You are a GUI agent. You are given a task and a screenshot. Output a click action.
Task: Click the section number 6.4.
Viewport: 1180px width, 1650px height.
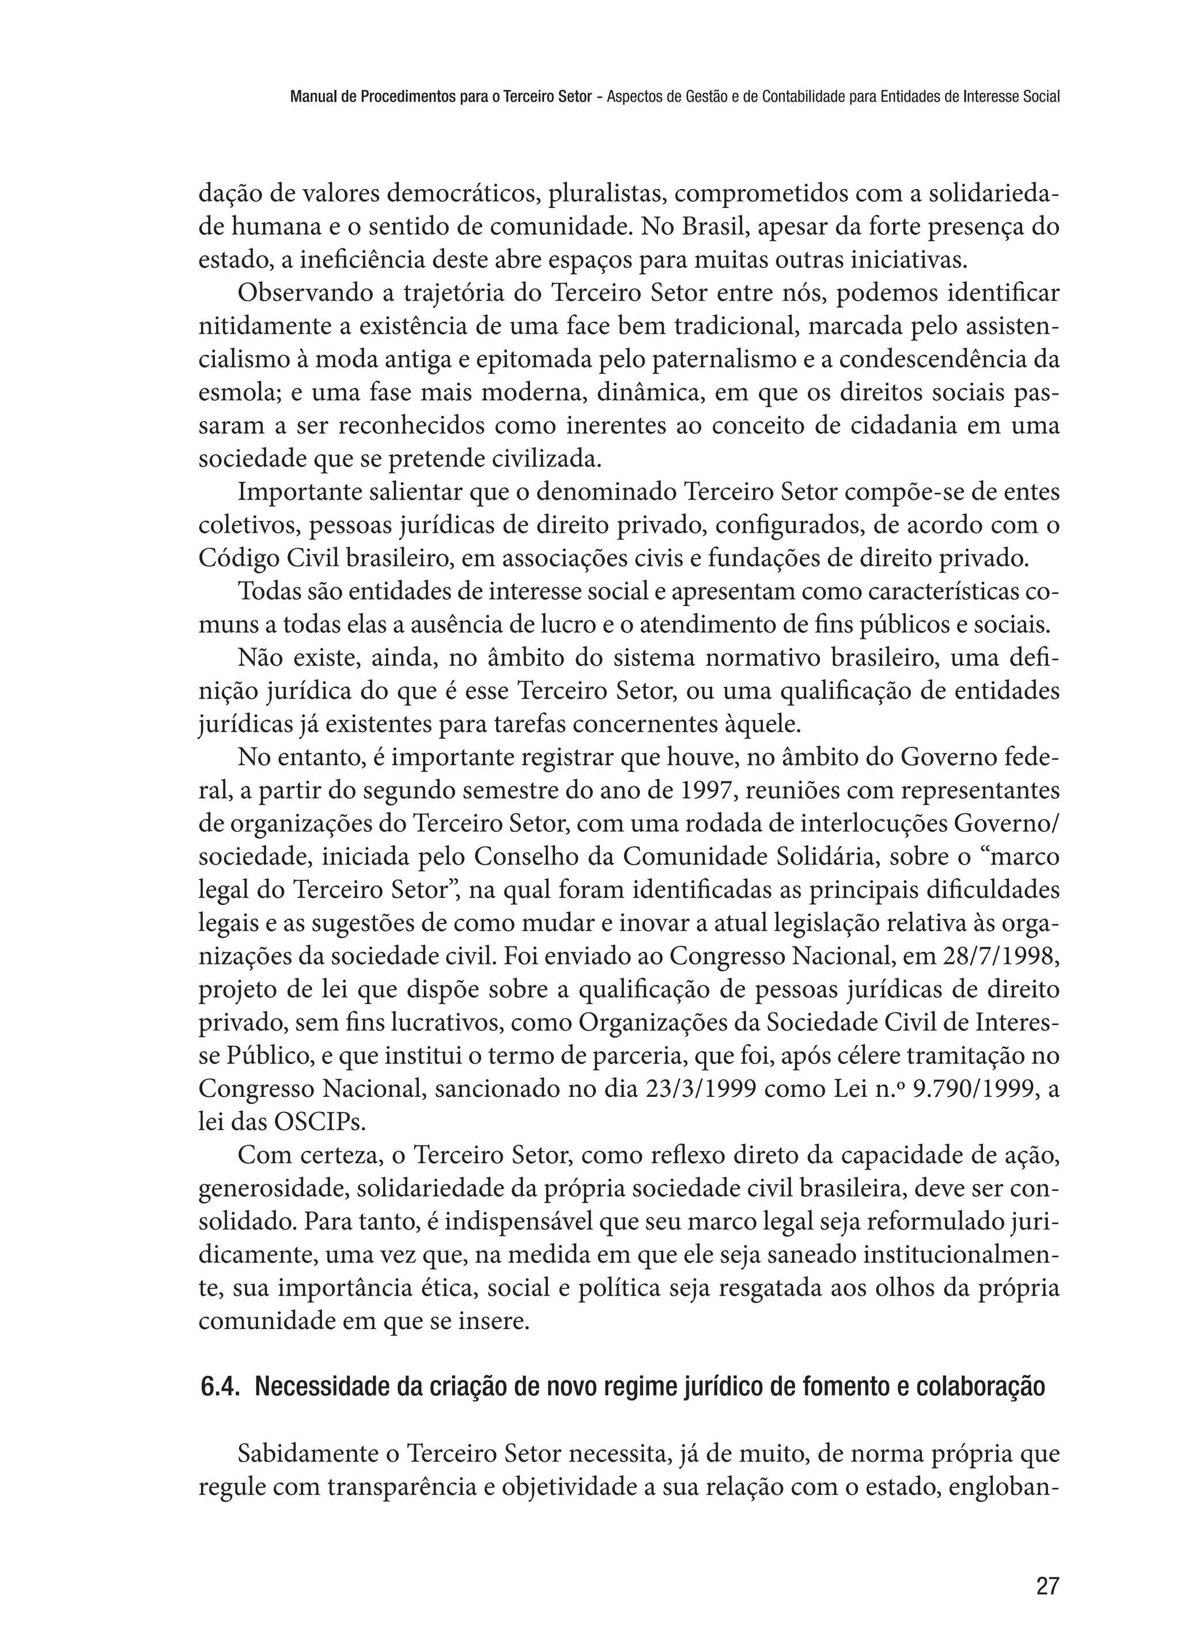click(220, 1387)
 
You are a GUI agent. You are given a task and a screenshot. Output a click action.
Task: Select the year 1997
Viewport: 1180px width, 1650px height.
click(705, 790)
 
